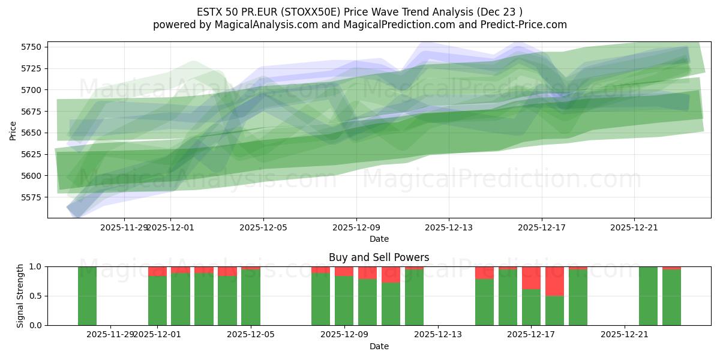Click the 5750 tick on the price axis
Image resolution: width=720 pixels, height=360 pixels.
pyautogui.click(x=31, y=47)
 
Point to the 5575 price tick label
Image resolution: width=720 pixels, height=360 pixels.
pyautogui.click(x=31, y=197)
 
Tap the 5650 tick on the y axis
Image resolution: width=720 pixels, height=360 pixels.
pyautogui.click(x=31, y=133)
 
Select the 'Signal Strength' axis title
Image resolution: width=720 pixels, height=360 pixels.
pyautogui.click(x=20, y=296)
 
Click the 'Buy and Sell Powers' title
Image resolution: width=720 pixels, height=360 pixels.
pyautogui.click(x=379, y=257)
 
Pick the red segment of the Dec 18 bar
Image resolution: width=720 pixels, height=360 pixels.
pyautogui.click(x=554, y=281)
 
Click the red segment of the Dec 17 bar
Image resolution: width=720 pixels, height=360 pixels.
pyautogui.click(x=531, y=278)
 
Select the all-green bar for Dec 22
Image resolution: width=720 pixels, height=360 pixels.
pyautogui.click(x=648, y=296)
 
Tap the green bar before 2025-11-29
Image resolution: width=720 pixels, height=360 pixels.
pyautogui.click(x=87, y=296)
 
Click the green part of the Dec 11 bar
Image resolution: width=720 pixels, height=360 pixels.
pyautogui.click(x=391, y=304)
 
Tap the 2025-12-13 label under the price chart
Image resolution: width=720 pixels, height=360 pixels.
pyautogui.click(x=449, y=227)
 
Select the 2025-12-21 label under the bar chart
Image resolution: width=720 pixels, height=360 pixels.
pyautogui.click(x=625, y=334)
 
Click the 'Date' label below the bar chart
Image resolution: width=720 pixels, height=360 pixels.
pyautogui.click(x=379, y=346)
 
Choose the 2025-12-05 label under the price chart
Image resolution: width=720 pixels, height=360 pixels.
pyautogui.click(x=263, y=227)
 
